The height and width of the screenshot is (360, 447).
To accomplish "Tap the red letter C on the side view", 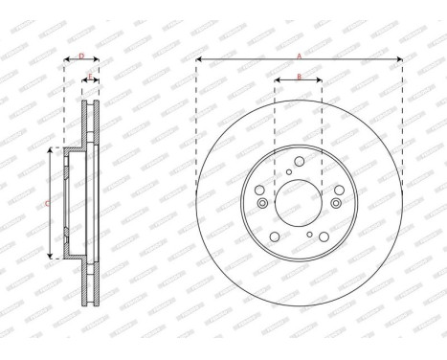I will (x=47, y=203).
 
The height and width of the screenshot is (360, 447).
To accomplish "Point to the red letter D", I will (x=81, y=56).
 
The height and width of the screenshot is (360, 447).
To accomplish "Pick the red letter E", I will (x=90, y=76).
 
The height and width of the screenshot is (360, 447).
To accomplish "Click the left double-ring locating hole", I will (x=262, y=203).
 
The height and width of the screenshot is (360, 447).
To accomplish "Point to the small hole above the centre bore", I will (x=288, y=172).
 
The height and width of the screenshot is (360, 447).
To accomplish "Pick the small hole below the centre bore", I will (x=308, y=235).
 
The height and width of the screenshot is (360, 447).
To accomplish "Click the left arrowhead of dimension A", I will (x=198, y=60).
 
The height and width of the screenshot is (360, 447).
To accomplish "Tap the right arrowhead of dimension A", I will (x=399, y=60).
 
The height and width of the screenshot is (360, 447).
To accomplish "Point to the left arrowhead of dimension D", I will (x=66, y=60).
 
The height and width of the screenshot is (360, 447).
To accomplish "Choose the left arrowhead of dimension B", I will (x=277, y=80).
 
